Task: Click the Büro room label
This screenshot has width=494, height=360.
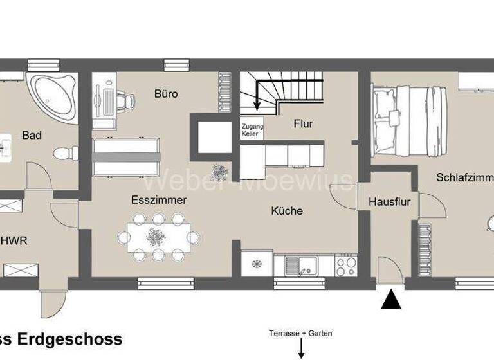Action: [166, 94]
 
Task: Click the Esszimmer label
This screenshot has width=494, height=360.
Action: [159, 200]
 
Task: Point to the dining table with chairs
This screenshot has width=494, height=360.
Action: [158, 237]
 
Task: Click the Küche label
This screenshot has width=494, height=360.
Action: [287, 210]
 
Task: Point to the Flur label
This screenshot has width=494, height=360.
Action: [303, 123]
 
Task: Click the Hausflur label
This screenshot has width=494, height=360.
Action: [389, 202]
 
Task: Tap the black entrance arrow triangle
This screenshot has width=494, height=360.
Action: [391, 300]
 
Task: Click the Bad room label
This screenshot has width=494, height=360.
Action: [32, 135]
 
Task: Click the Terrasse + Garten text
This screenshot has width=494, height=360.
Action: [300, 333]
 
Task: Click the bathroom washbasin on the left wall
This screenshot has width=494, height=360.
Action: [8, 147]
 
